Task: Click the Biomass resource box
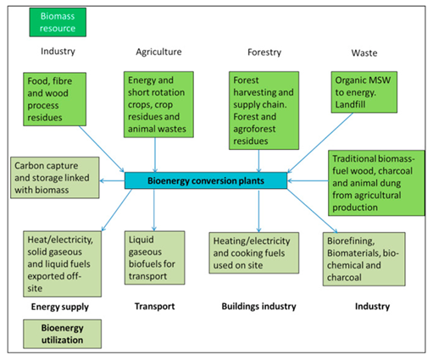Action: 58,22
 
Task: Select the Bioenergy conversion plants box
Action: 206,180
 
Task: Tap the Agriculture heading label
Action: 158,52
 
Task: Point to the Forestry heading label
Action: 264,53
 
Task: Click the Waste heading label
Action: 364,53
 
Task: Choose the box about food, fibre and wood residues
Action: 55,99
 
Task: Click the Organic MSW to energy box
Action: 364,92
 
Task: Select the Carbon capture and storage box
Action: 55,178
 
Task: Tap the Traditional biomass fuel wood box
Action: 376,183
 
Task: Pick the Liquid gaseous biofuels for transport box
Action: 155,258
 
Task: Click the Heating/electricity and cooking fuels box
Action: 254,253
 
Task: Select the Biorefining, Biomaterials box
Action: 364,259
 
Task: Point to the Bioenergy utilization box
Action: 62,334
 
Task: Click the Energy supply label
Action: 60,307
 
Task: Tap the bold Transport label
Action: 154,307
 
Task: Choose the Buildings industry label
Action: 258,307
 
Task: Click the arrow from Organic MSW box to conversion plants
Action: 320,143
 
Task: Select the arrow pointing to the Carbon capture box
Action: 112,180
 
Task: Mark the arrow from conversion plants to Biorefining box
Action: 313,211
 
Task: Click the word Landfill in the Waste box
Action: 350,104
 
